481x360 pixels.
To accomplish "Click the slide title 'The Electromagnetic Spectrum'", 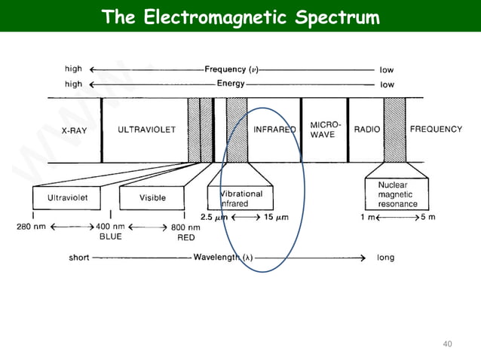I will (240, 17).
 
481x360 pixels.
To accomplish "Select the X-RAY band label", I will (75, 130).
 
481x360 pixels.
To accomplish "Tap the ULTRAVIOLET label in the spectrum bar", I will (146, 130).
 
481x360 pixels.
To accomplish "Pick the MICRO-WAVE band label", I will (325, 130).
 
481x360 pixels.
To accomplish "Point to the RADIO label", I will (367, 130).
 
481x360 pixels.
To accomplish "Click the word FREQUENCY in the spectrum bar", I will (436, 130).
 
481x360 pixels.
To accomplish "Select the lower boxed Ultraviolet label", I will (69, 198).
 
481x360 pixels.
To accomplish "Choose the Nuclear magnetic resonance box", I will (397, 194).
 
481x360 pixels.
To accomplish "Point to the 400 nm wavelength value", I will (110, 226).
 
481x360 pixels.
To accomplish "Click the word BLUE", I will (110, 236).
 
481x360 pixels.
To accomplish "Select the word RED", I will (185, 236).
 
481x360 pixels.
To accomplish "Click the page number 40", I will (447, 344).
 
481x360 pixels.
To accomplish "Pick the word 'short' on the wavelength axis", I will (78, 258).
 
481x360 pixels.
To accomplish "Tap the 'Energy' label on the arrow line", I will (231, 84).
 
